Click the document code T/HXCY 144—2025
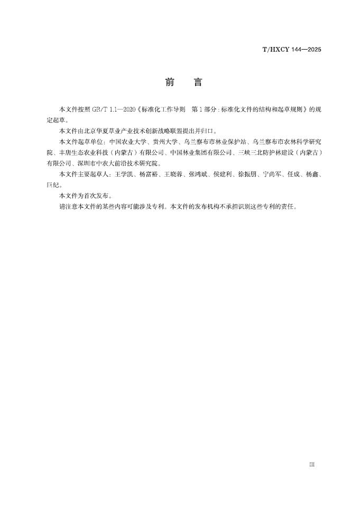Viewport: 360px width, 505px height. pos(292,49)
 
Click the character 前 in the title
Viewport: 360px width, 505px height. pos(169,82)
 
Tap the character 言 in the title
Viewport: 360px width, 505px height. pos(197,82)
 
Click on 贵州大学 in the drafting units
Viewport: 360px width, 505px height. pos(164,142)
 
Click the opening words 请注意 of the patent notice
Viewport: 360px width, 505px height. pos(67,207)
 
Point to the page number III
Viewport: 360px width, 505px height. pos(312,464)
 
